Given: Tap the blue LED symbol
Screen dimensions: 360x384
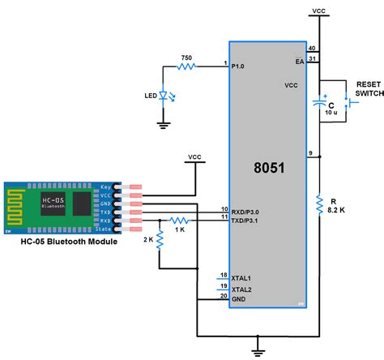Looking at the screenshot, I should tap(164, 95).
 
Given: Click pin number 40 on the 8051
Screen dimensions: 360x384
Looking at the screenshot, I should tap(313, 49).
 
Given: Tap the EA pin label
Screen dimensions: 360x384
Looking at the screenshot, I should tap(300, 61).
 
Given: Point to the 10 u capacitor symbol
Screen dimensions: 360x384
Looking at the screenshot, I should tap(322, 104).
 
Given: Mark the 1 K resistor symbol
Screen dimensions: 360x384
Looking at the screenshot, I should tap(181, 220).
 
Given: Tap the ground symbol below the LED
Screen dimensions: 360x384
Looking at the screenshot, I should tap(164, 124).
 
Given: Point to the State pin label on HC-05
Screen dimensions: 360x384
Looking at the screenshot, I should tap(106, 229).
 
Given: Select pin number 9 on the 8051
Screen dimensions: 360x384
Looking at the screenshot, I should tap(310, 153).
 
